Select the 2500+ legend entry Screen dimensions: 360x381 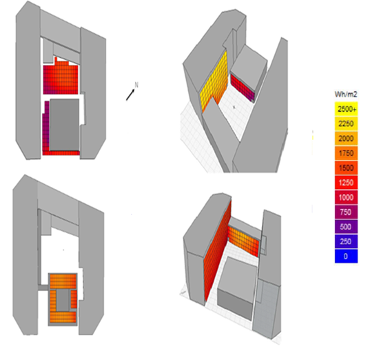click(346, 109)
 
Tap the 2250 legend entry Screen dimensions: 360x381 click(346, 123)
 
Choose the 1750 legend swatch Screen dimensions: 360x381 click(346, 152)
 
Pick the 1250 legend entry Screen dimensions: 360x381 click(346, 182)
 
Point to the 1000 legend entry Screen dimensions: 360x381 click(346, 197)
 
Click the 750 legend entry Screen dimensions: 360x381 click(346, 211)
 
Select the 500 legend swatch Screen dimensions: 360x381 click(346, 226)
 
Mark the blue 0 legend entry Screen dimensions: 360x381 click(346, 255)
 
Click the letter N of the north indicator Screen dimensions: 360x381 click(136, 85)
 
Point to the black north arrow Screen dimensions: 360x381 click(130, 94)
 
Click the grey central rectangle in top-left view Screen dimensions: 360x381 click(65, 124)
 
